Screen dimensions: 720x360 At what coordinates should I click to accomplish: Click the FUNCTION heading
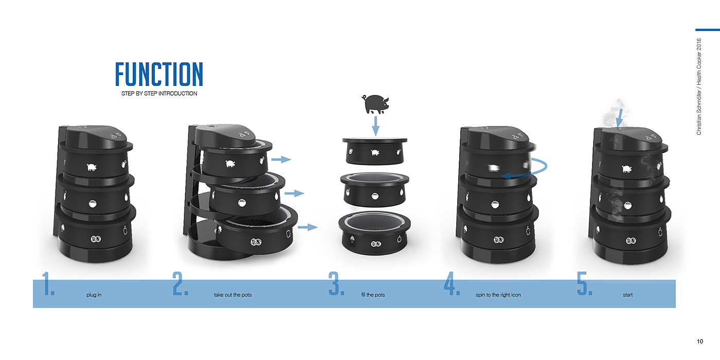coord(159,74)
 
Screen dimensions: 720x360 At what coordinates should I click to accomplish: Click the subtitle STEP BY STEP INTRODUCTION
coord(159,94)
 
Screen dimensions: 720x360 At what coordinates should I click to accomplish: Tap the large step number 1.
coord(48,283)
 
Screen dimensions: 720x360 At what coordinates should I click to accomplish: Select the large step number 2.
coord(181,283)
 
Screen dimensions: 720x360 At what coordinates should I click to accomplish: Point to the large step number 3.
coord(336,283)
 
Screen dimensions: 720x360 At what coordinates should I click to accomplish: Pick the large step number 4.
coord(452,283)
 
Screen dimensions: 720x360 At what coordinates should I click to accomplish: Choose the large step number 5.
coord(585,283)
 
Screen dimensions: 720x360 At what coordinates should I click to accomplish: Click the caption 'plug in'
coord(94,295)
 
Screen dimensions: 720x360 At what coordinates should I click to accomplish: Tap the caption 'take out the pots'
coord(232,295)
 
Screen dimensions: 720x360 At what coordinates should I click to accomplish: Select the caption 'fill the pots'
coord(373,295)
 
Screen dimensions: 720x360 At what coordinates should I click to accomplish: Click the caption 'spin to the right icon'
coord(498,295)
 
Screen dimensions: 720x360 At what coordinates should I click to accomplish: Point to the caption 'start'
coord(628,295)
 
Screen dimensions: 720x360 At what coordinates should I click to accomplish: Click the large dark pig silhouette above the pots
coord(375,104)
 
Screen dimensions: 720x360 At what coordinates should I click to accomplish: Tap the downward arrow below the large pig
coord(375,126)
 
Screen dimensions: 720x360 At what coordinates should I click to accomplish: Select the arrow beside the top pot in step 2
coord(281,159)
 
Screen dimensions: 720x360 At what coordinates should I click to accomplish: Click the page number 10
coord(700,341)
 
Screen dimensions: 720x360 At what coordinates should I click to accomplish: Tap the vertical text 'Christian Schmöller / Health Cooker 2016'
coord(699,87)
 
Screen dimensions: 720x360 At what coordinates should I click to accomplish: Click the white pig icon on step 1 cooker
coord(92,167)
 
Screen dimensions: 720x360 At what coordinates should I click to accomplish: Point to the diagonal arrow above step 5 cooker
coord(620,118)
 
